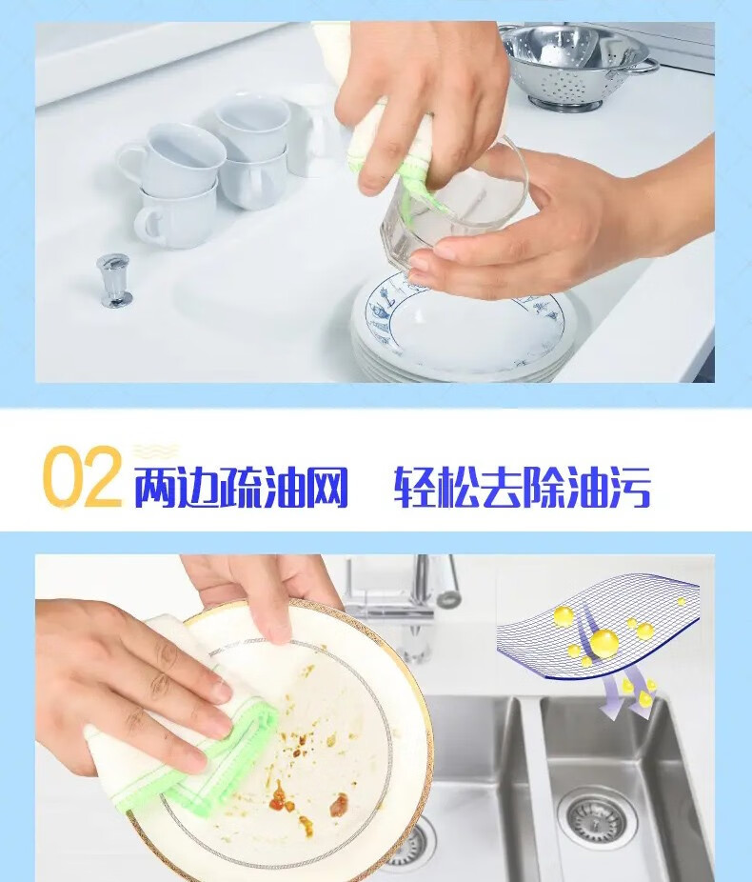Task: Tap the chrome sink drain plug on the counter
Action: (114, 280)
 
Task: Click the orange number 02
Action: (82, 477)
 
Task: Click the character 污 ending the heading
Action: (629, 487)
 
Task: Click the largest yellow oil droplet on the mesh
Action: (604, 643)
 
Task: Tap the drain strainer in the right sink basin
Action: (598, 817)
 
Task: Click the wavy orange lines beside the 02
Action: (156, 451)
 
